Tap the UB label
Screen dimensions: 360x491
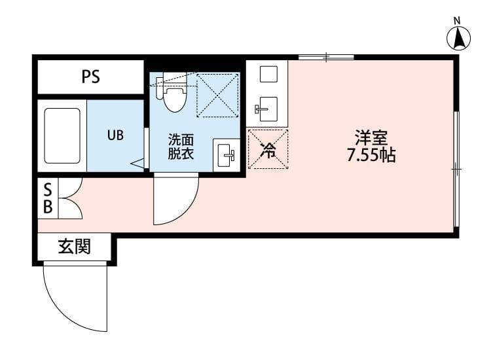click(115, 135)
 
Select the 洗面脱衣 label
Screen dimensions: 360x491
click(180, 147)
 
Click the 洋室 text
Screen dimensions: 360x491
click(372, 138)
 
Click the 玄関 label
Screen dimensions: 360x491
click(74, 247)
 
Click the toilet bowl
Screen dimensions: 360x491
click(173, 99)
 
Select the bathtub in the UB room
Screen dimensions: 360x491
click(62, 135)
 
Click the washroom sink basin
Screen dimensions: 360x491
click(227, 156)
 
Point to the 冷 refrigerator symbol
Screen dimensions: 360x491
click(268, 149)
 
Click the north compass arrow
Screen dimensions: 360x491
click(459, 40)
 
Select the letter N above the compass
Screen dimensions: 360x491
click(458, 20)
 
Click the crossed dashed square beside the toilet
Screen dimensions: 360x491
click(218, 94)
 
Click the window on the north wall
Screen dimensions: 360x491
click(326, 58)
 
